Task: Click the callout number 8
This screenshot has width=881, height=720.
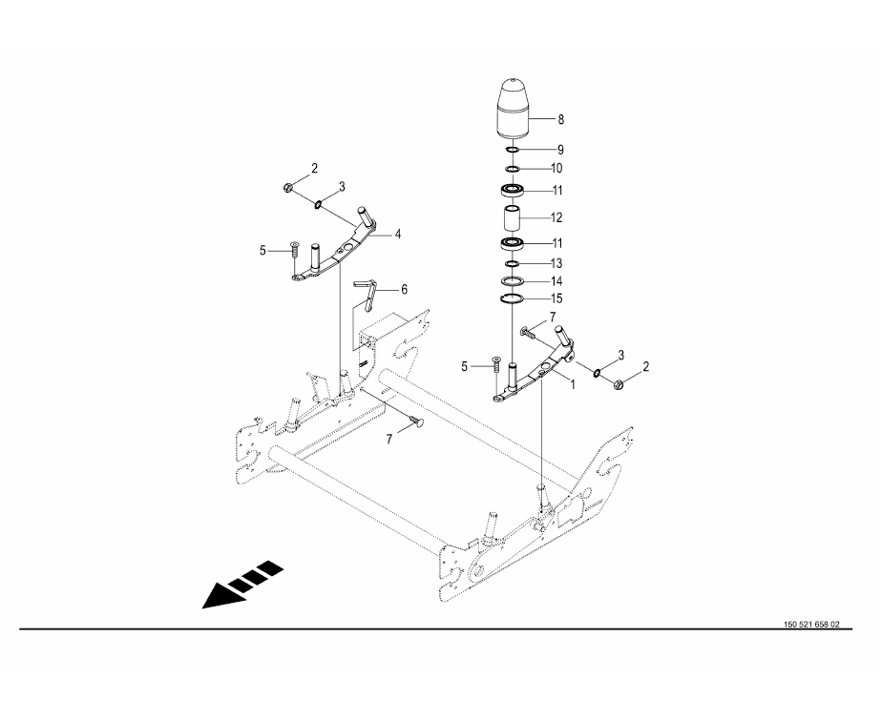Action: coord(560,119)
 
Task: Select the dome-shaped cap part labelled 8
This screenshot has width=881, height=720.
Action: coord(513,107)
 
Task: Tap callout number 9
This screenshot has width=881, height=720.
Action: coord(560,150)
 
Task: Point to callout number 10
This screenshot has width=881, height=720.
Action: coord(556,169)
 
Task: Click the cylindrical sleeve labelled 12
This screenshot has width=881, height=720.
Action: coord(513,219)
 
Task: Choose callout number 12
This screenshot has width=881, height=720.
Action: coord(556,217)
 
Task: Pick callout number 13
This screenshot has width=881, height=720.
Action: coord(556,263)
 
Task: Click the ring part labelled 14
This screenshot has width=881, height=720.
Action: coord(513,280)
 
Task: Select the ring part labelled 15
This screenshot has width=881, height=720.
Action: coord(513,298)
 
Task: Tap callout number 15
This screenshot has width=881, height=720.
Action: coord(556,298)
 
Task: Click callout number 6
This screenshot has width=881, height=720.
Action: coord(405,290)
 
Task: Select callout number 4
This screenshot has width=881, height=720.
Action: coord(398,234)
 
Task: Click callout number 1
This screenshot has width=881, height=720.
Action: coord(573,386)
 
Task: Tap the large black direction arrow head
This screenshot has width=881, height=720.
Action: coord(223,596)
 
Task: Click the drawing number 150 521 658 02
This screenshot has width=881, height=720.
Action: coord(811,625)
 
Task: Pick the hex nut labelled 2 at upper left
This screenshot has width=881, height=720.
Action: coord(287,187)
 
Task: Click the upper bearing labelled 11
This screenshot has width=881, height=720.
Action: coord(513,190)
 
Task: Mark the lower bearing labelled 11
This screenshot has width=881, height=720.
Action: coord(513,243)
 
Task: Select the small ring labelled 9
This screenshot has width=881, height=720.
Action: coord(513,150)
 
